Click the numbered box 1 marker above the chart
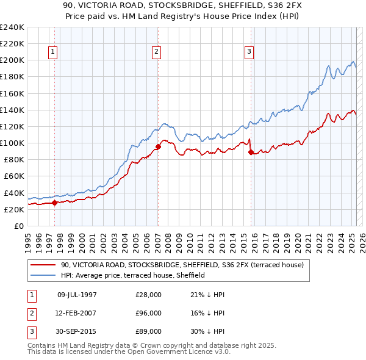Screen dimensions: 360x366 [54, 52]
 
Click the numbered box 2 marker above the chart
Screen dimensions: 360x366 [157, 52]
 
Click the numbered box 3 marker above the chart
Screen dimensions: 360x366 [249, 52]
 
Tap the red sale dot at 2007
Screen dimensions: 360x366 [158, 146]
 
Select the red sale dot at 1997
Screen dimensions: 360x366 [54, 203]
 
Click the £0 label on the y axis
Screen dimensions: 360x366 [18, 226]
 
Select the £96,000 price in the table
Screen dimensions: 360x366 [149, 313]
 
